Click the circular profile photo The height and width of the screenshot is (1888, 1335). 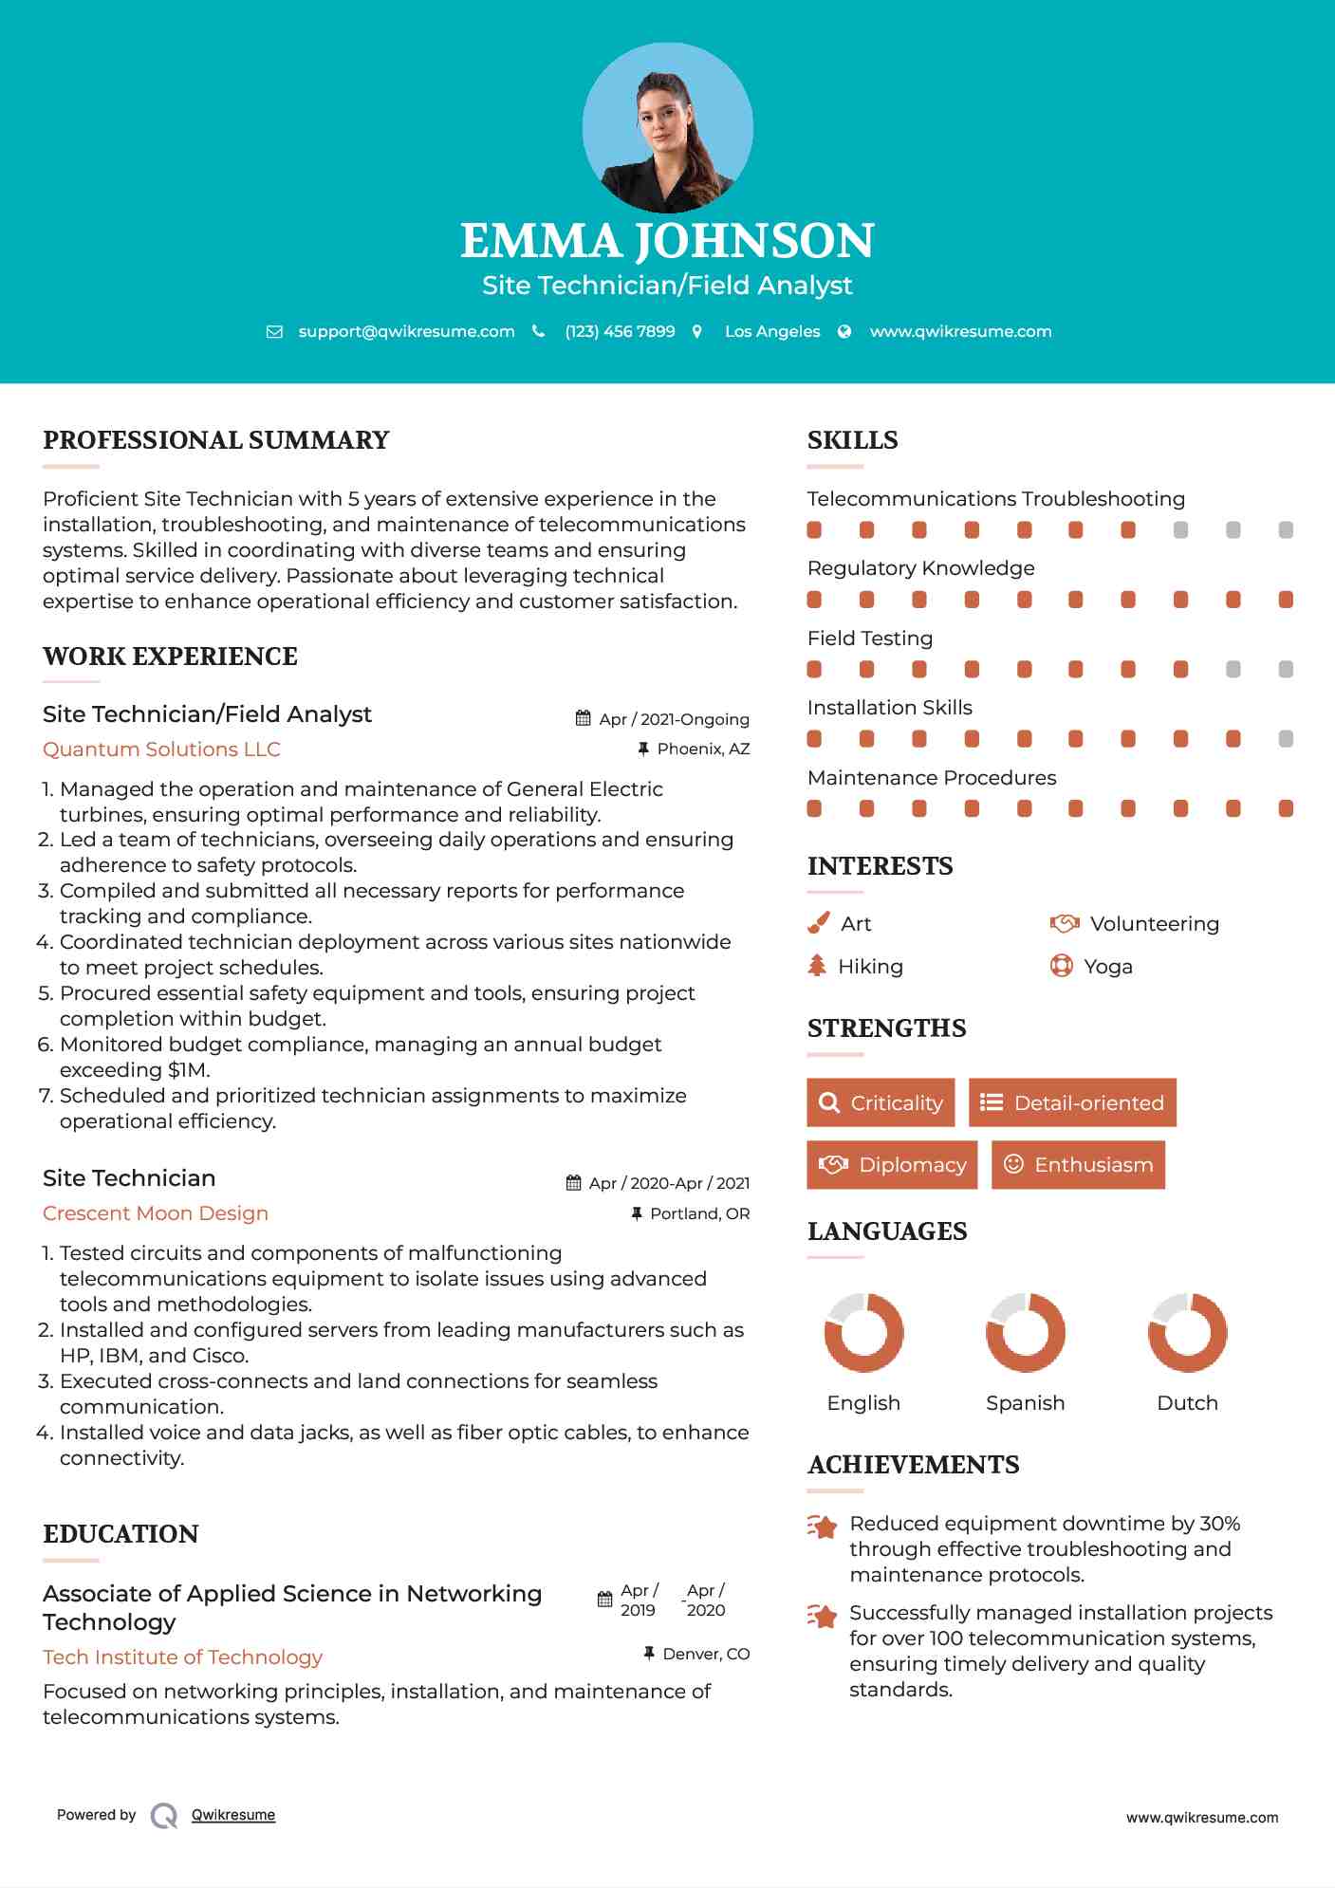667,128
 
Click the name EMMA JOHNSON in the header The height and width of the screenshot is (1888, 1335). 667,241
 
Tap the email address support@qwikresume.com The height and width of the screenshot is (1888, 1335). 406,332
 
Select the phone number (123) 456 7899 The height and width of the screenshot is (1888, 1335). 620,332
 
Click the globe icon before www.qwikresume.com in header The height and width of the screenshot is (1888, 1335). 844,332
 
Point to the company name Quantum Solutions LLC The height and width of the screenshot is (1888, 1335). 161,750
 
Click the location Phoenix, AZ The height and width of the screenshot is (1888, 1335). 703,750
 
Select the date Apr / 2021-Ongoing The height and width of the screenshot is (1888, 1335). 674,719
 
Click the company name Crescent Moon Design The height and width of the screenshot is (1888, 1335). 156,1213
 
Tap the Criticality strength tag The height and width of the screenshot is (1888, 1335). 881,1102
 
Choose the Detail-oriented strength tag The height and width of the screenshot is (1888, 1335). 1072,1102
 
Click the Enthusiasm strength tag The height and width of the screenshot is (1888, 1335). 1078,1164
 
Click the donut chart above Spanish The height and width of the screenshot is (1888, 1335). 1025,1332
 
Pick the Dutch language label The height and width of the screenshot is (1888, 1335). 1187,1403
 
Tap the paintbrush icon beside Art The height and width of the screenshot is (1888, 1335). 818,923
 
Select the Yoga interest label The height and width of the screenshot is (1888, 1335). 1108,967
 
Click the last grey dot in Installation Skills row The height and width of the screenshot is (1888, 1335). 1286,739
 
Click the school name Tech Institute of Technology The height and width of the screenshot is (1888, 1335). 182,1657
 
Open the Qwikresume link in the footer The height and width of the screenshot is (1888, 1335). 233,1815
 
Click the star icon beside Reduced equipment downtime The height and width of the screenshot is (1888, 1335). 822,1527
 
